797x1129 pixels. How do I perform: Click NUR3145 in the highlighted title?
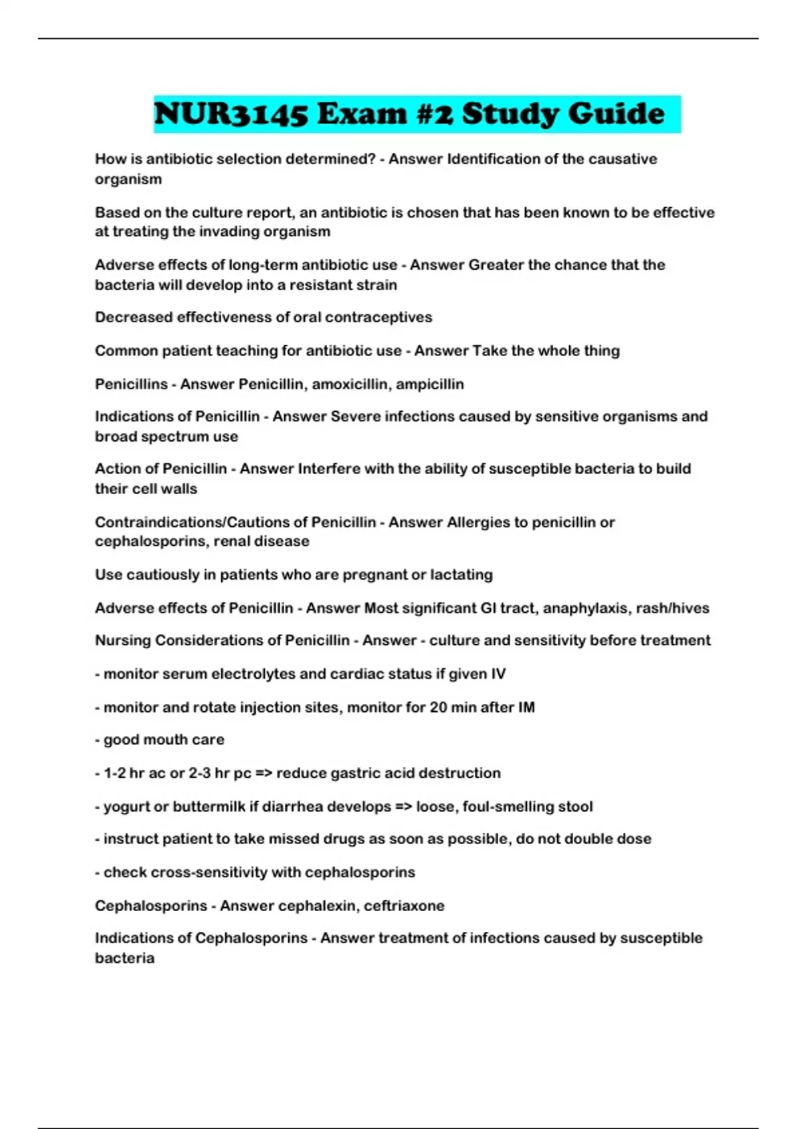tap(231, 114)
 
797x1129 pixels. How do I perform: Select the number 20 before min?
tap(438, 707)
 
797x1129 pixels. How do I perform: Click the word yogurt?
tap(126, 807)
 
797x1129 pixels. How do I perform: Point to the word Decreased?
tap(133, 317)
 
